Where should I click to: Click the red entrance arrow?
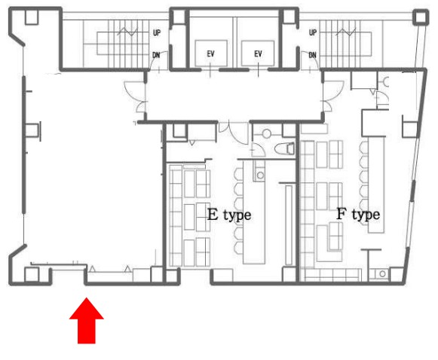(x=87, y=320)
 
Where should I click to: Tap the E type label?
(x=229, y=215)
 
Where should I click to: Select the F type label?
(x=358, y=215)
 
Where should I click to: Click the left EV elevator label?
(x=211, y=53)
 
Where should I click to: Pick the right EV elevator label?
(x=258, y=53)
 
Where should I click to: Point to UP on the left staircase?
(x=157, y=32)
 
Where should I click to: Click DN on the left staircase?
(x=156, y=55)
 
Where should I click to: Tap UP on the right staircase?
(x=313, y=32)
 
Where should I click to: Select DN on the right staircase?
(x=313, y=55)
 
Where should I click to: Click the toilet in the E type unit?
(x=284, y=148)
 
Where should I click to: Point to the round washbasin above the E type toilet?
(x=266, y=133)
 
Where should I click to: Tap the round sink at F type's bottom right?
(x=382, y=274)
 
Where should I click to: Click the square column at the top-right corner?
(x=421, y=17)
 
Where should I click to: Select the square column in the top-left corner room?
(x=32, y=17)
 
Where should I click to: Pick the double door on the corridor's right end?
(x=333, y=96)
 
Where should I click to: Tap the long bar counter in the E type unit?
(x=253, y=212)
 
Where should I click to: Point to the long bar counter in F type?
(x=376, y=185)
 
